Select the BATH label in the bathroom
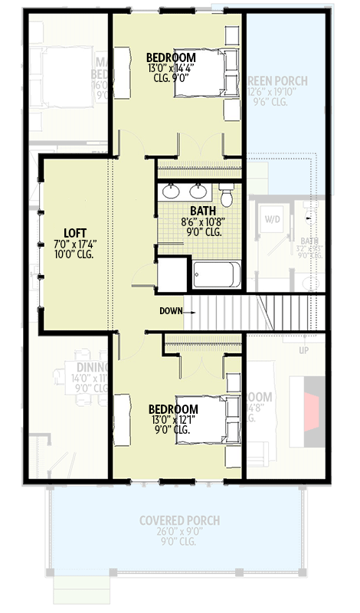(203, 211)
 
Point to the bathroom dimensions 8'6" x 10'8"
(203, 222)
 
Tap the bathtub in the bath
(217, 274)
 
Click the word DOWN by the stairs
(171, 310)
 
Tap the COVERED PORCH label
(179, 521)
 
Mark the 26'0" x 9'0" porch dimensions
(179, 532)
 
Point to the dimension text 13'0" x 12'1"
(173, 420)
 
